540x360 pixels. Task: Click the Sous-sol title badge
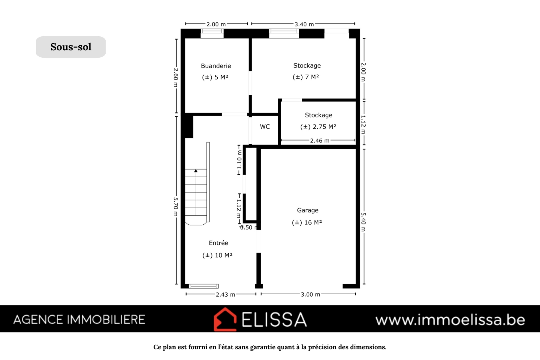(71, 47)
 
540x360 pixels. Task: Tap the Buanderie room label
(216, 66)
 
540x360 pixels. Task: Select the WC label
(265, 127)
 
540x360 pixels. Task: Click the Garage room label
(308, 210)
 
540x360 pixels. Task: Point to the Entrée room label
(219, 243)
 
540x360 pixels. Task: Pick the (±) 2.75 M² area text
(318, 127)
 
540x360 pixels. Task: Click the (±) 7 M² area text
(306, 77)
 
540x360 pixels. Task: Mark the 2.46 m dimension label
(320, 140)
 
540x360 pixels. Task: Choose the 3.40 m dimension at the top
(304, 24)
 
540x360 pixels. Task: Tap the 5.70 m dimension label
(176, 206)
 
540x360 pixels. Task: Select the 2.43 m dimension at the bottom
(225, 295)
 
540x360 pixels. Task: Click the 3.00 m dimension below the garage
(310, 295)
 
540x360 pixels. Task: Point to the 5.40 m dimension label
(363, 222)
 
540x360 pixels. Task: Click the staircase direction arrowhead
(196, 171)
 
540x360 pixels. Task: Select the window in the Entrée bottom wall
(204, 286)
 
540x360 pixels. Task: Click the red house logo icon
(225, 319)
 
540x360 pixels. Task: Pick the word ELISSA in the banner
(274, 319)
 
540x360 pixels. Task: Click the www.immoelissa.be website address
(450, 320)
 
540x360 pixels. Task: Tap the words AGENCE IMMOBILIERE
(79, 320)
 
